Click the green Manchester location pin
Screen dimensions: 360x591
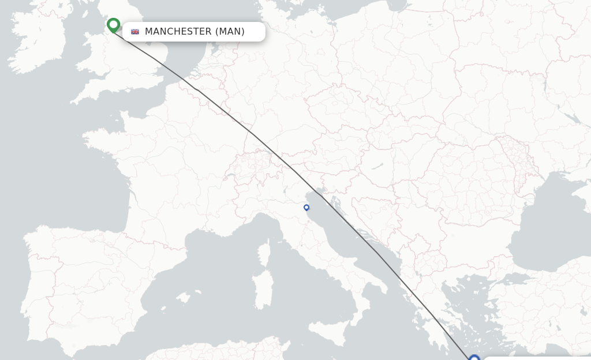click(x=113, y=25)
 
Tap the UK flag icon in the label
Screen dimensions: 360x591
click(x=135, y=32)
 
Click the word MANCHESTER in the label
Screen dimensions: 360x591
click(x=178, y=32)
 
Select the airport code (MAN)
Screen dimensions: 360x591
click(x=230, y=32)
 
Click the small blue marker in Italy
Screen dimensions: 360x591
click(x=306, y=208)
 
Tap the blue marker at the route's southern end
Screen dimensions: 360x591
click(x=474, y=358)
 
